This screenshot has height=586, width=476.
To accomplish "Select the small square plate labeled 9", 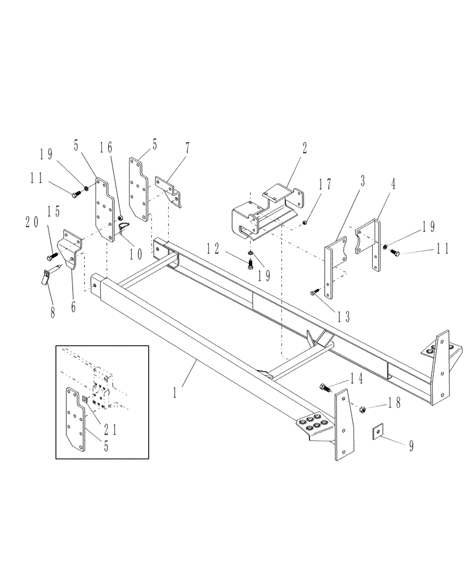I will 379,432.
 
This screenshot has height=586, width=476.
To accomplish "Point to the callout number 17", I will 328,185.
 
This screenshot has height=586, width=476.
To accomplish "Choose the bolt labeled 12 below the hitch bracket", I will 250,263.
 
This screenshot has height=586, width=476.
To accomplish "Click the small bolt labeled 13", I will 314,291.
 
